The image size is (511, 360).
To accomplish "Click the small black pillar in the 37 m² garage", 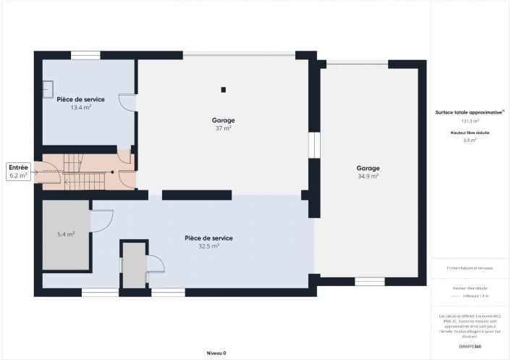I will pos(224,90).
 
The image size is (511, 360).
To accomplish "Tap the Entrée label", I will pos(18,167).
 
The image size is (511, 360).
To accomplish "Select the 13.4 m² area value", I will pos(80,108).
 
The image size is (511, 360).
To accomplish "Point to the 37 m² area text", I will pos(223,128).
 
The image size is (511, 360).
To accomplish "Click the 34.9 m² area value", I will pos(368,176).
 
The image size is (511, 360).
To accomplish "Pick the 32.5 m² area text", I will pos(208,246).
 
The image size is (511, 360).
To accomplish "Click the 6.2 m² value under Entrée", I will pos(18,175).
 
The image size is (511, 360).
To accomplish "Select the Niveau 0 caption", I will pos(216,353).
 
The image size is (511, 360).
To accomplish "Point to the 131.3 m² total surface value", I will pos(470,121).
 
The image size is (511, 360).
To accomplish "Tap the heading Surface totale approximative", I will pos(469,112).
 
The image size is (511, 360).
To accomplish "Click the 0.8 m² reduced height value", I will pos(470,141).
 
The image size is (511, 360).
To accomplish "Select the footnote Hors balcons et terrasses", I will pos(470,269).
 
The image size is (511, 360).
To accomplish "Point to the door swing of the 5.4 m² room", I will pos(102,220).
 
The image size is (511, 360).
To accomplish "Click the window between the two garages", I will pos(313,144).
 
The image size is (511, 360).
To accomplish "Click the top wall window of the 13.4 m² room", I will pos(85,55).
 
